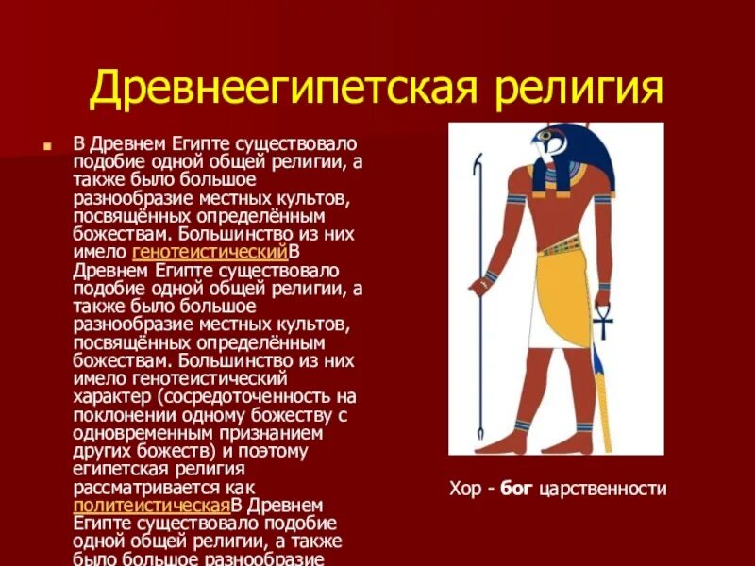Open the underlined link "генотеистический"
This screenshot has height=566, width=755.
pyautogui.click(x=210, y=253)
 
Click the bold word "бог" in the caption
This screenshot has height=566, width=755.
pyautogui.click(x=516, y=488)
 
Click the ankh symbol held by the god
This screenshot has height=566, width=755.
pyautogui.click(x=602, y=325)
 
